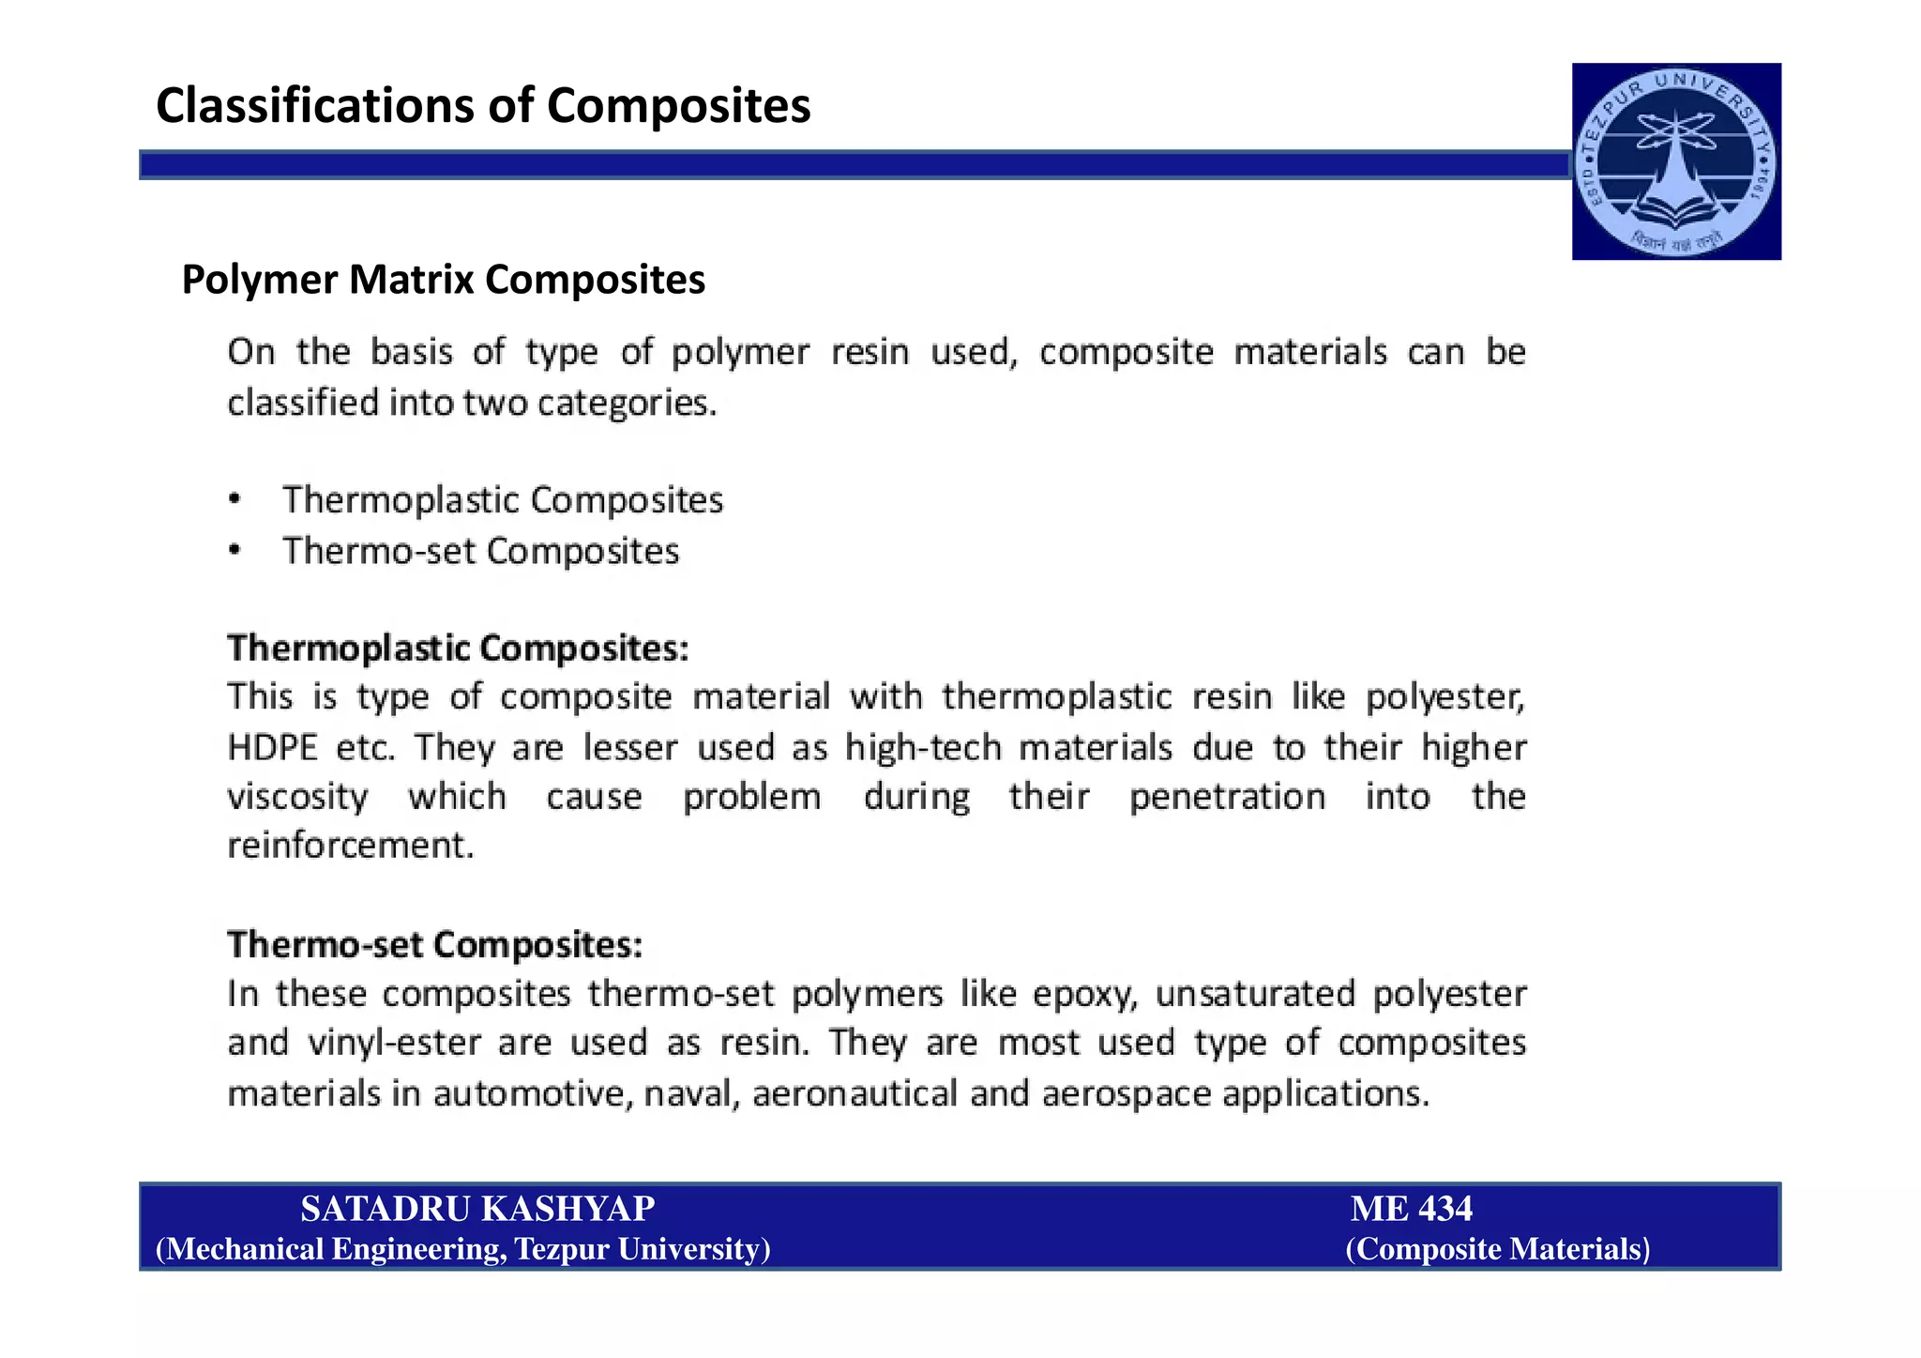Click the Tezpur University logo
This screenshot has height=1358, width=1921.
pyautogui.click(x=1676, y=161)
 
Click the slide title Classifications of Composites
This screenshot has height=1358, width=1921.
pyautogui.click(x=483, y=105)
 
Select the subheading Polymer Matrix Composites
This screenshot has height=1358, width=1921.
pyautogui.click(x=443, y=280)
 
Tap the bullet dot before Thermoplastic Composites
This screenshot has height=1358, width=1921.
pyautogui.click(x=235, y=499)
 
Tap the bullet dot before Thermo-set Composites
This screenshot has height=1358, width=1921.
pyautogui.click(x=235, y=551)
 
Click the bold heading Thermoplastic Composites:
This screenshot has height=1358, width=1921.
pyautogui.click(x=458, y=648)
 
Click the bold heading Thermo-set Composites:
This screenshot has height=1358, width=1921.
pyautogui.click(x=435, y=944)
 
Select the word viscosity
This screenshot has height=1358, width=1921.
pyautogui.click(x=298, y=798)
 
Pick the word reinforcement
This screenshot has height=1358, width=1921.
pyautogui.click(x=350, y=846)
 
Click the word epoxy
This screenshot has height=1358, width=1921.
pyautogui.click(x=1085, y=994)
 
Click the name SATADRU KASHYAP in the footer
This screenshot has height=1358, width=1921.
pyautogui.click(x=477, y=1209)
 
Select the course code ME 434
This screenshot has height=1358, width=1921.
pyautogui.click(x=1411, y=1209)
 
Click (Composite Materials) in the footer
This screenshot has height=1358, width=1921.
pyautogui.click(x=1497, y=1249)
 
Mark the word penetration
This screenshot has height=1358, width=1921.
pyautogui.click(x=1227, y=798)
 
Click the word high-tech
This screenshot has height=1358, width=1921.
pyautogui.click(x=923, y=748)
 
